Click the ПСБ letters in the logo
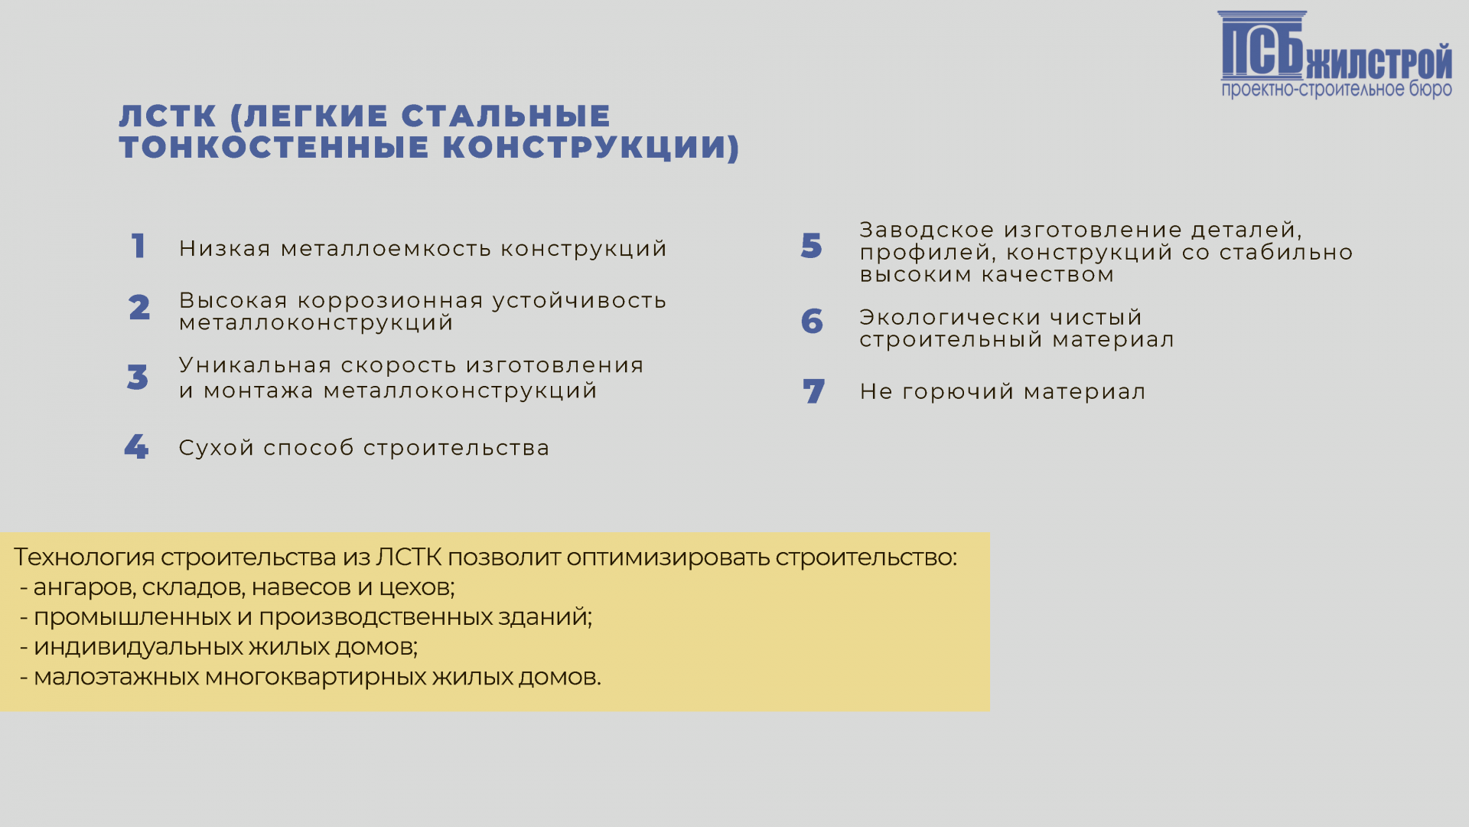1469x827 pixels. (x=1262, y=46)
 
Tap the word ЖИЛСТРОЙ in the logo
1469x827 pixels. (x=1379, y=62)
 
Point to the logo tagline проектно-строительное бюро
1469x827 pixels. (x=1337, y=90)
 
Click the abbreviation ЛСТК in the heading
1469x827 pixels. (x=168, y=116)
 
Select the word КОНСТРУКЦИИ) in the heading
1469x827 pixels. (x=591, y=147)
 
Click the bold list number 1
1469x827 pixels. (x=138, y=247)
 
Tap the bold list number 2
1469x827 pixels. (x=139, y=308)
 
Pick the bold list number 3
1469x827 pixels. (x=138, y=378)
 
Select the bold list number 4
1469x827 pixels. (x=136, y=447)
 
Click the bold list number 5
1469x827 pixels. (x=812, y=246)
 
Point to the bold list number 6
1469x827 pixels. (x=812, y=322)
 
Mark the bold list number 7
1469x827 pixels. (x=814, y=392)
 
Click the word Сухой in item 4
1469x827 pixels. (x=217, y=448)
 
